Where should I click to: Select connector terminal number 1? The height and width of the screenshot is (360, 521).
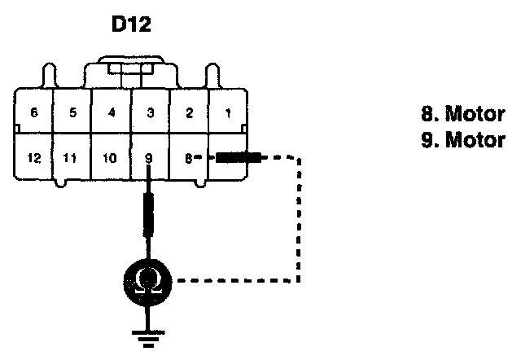click(x=227, y=114)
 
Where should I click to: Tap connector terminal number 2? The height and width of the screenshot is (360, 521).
click(x=188, y=114)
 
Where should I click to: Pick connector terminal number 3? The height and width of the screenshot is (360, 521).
click(x=149, y=114)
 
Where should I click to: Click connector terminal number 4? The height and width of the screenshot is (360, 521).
click(x=111, y=114)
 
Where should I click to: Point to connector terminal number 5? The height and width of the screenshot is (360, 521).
click(x=72, y=114)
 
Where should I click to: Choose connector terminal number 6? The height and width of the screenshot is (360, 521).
click(x=33, y=114)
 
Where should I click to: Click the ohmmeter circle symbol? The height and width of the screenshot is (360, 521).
click(x=149, y=282)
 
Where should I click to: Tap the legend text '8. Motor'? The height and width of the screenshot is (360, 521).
click(x=462, y=115)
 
